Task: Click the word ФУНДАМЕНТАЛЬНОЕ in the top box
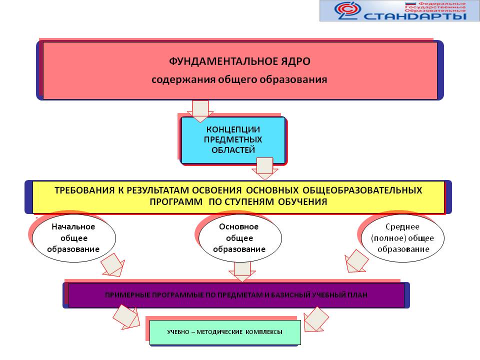[x=221, y=61]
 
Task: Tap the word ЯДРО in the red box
[x=293, y=61]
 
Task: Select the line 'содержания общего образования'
[x=239, y=79]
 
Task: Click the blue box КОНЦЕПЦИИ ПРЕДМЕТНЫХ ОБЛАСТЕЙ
[x=233, y=140]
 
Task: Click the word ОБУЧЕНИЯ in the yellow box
[x=303, y=201]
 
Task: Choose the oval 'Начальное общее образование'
[x=73, y=237]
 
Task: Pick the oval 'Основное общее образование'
[x=239, y=238]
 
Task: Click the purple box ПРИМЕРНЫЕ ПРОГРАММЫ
[x=236, y=295]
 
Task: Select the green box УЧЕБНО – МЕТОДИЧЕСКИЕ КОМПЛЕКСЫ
[x=225, y=332]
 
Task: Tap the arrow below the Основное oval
[x=242, y=271]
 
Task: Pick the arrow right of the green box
[x=316, y=319]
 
